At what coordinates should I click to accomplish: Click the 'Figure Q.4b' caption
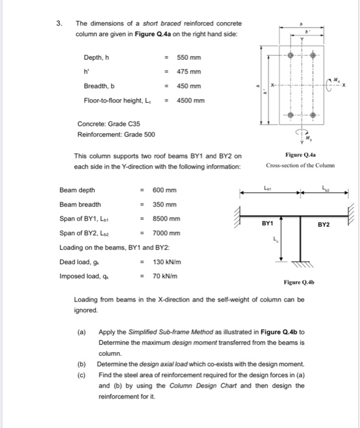[x=299, y=282]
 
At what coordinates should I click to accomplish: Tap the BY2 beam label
[x=323, y=224]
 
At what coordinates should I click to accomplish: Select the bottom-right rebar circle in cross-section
[x=314, y=114]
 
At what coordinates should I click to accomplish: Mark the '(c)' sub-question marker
[x=81, y=374]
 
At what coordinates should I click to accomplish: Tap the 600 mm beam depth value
[x=164, y=190]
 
